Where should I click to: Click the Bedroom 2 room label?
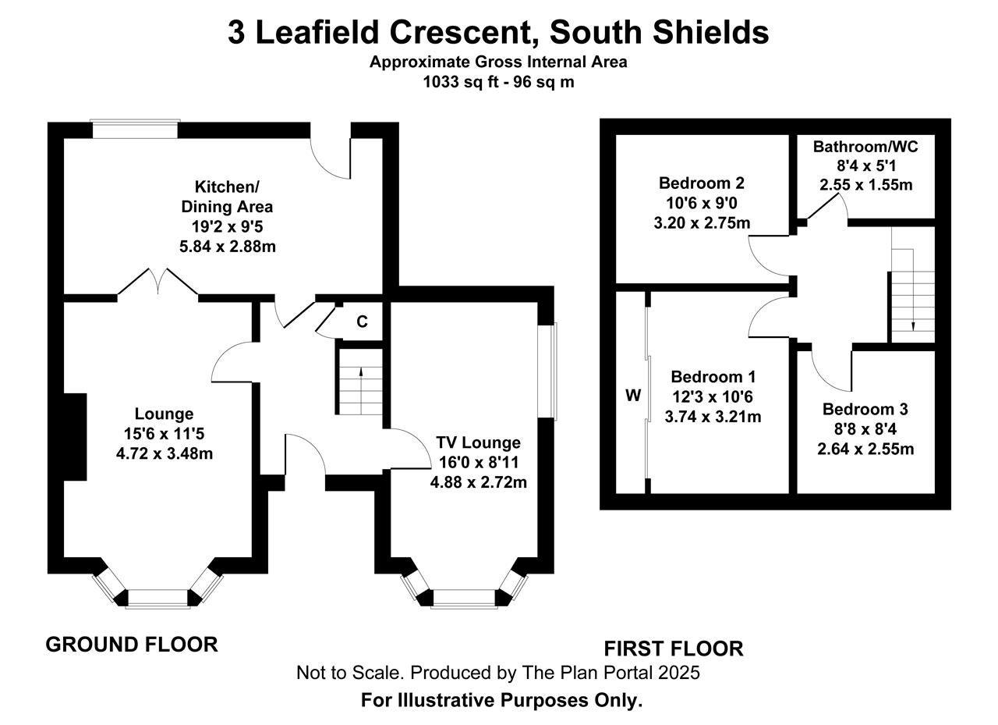[x=701, y=183]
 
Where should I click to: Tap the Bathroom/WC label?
[x=865, y=147]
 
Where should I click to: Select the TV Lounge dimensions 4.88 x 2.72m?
[x=479, y=482]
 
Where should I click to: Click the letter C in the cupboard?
[x=363, y=322]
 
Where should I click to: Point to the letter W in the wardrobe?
[x=633, y=395]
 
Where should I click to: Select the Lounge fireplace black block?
[x=75, y=436]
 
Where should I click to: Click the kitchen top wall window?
[x=135, y=130]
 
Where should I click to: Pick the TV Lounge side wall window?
[x=547, y=371]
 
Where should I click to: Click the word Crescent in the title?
[x=463, y=33]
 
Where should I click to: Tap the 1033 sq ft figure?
[x=461, y=83]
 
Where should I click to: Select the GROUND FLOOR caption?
[x=132, y=645]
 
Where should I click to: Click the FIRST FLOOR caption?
[x=673, y=649]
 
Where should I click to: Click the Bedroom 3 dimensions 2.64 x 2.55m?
[x=865, y=449]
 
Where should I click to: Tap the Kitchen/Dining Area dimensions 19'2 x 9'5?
[x=227, y=227]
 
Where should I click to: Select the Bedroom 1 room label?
[x=713, y=377]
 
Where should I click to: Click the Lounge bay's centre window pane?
[x=157, y=599]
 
